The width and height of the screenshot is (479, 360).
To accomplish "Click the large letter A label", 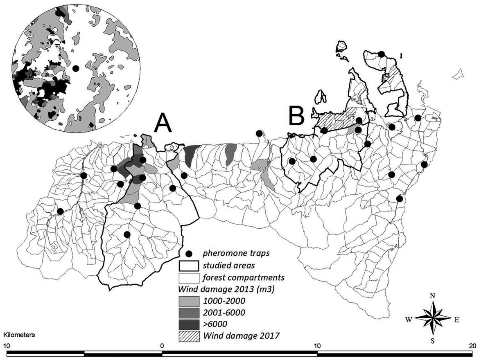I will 163,123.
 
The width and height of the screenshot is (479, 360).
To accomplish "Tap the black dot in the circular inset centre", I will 75,69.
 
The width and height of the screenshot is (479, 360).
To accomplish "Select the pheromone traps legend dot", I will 189,254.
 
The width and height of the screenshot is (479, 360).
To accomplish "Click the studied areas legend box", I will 189,265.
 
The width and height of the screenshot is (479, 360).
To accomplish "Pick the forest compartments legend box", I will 189,277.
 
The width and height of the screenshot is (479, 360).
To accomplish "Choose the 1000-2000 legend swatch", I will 189,301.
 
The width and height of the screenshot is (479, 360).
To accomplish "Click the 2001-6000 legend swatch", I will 189,313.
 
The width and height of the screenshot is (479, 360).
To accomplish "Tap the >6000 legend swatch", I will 189,325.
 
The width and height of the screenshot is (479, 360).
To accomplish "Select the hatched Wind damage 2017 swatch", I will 189,336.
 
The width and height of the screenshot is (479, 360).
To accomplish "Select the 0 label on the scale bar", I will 162,344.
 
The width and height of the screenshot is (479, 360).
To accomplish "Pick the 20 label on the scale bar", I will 472,344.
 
